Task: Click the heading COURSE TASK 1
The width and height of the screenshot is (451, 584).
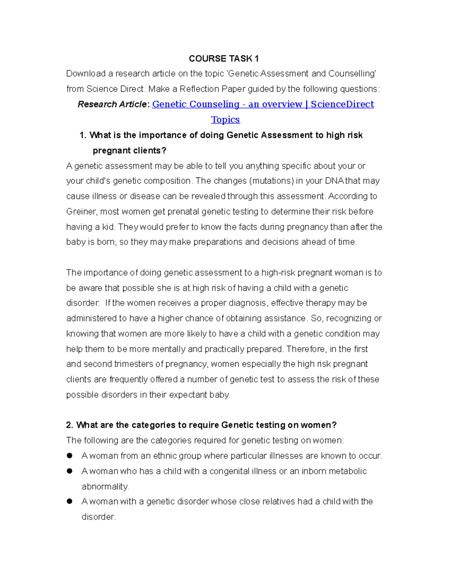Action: [224, 59]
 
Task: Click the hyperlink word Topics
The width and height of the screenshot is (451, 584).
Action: [225, 120]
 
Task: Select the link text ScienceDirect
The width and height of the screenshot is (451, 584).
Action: [342, 104]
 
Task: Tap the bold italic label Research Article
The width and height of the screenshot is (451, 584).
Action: [112, 105]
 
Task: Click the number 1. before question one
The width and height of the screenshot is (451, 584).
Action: [83, 135]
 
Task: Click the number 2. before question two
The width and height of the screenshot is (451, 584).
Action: [70, 425]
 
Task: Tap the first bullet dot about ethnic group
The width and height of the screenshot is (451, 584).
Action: [70, 456]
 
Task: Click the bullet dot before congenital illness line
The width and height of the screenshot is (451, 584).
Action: [70, 471]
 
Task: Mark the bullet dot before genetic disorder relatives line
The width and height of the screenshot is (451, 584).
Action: [70, 501]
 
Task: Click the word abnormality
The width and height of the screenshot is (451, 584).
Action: [105, 487]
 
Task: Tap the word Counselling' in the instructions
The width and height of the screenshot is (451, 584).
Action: [352, 74]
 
